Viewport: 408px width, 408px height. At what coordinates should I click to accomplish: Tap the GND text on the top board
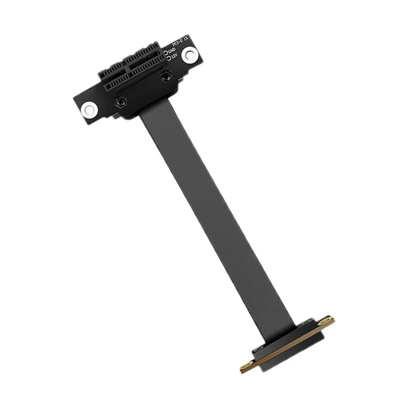tap(172, 51)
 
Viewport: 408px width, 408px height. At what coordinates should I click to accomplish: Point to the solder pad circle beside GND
tap(166, 52)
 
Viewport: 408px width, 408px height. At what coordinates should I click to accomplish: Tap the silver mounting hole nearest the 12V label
tap(190, 53)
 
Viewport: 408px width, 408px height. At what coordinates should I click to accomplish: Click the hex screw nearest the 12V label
tap(165, 76)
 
